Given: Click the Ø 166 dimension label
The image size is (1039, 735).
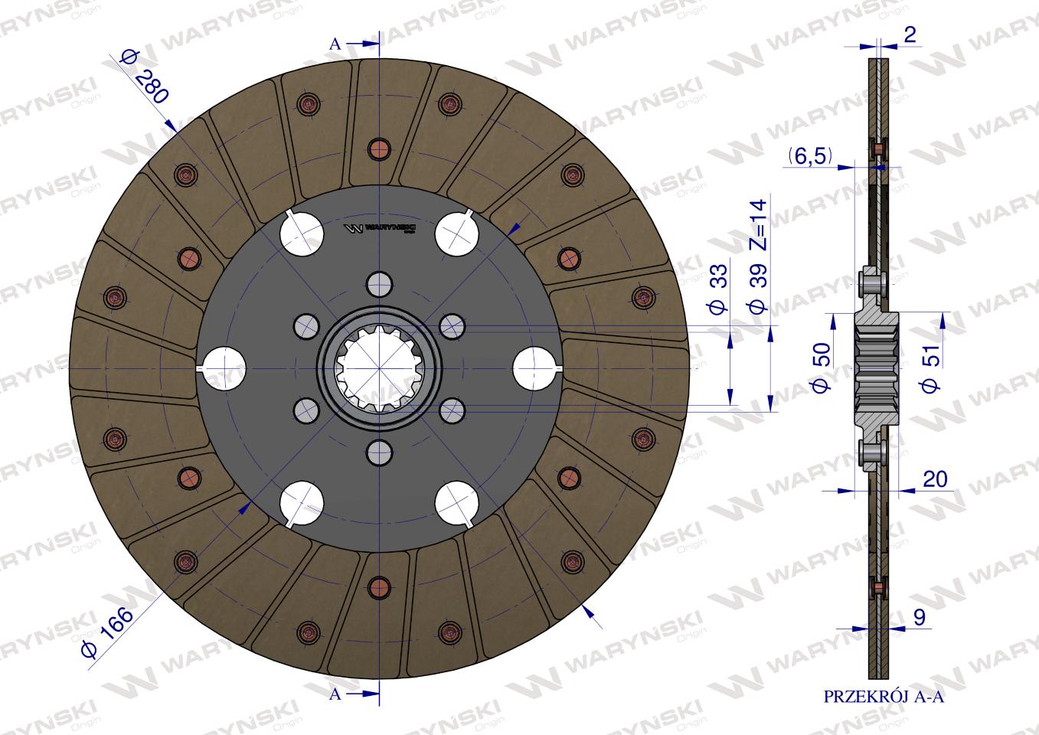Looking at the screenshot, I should pyautogui.click(x=106, y=630).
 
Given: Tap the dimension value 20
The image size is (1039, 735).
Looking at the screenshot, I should pyautogui.click(x=935, y=479).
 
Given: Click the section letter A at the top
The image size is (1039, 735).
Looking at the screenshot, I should pyautogui.click(x=335, y=44).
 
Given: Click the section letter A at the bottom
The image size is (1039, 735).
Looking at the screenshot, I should pyautogui.click(x=335, y=694).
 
